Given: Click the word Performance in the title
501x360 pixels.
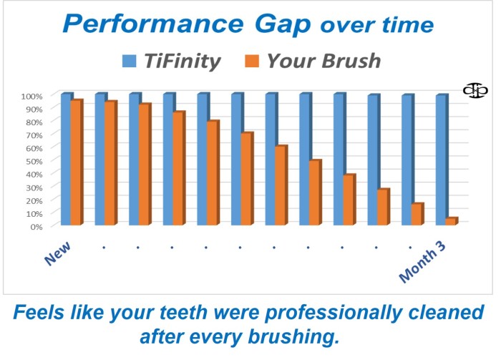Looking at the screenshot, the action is tap(153, 24).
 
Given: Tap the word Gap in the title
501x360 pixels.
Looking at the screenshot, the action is tap(283, 25).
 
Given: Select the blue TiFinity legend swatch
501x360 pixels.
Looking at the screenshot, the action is tap(129, 61).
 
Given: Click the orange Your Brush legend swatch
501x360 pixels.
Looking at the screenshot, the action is tap(252, 61).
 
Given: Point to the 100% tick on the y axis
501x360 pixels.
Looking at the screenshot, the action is tap(31, 96).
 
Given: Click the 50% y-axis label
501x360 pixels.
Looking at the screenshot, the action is tap(34, 161).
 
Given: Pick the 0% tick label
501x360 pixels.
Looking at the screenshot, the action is tap(37, 227).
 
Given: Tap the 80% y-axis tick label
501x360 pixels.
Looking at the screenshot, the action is tap(34, 122).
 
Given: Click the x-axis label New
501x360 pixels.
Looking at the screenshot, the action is tap(57, 253).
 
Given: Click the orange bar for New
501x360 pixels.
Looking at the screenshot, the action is tap(76, 162).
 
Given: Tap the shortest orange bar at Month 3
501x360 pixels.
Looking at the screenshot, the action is tap(451, 221).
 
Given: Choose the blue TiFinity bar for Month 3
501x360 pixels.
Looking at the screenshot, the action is tap(441, 160).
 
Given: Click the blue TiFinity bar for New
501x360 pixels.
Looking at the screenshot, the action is tap(66, 159).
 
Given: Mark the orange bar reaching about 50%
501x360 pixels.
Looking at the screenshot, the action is tap(314, 193).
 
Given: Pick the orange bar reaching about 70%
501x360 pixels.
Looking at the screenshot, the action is tap(246, 178).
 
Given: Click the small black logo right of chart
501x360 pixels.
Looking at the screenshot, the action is tap(475, 91).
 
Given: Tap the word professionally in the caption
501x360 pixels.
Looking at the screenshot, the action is tap(331, 313).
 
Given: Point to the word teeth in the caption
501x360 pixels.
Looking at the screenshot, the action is tap(184, 312).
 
